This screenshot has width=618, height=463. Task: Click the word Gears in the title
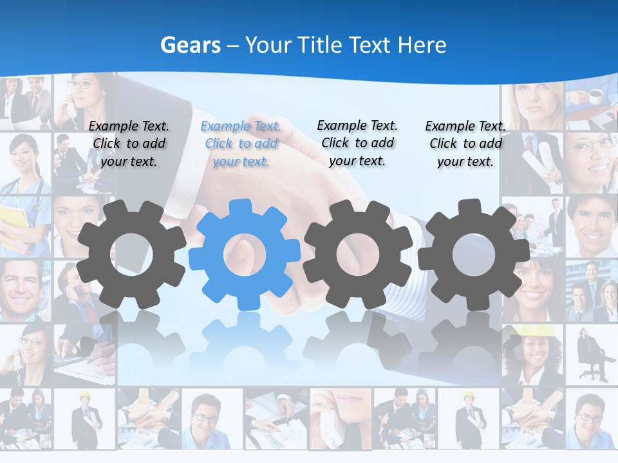(x=190, y=46)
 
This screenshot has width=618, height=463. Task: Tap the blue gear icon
(x=245, y=254)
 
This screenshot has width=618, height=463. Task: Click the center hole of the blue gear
(x=245, y=255)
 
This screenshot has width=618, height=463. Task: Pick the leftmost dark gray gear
(x=131, y=254)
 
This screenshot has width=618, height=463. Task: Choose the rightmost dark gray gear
(x=473, y=254)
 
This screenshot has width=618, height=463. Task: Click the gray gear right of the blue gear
(x=358, y=254)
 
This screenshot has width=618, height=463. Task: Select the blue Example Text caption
(x=241, y=143)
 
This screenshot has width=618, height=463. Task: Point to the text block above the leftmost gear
(x=129, y=143)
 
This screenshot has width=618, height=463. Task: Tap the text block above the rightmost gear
(x=465, y=143)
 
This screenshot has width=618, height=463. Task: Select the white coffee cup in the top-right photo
(x=596, y=96)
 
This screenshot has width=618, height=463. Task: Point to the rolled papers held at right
(x=539, y=161)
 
